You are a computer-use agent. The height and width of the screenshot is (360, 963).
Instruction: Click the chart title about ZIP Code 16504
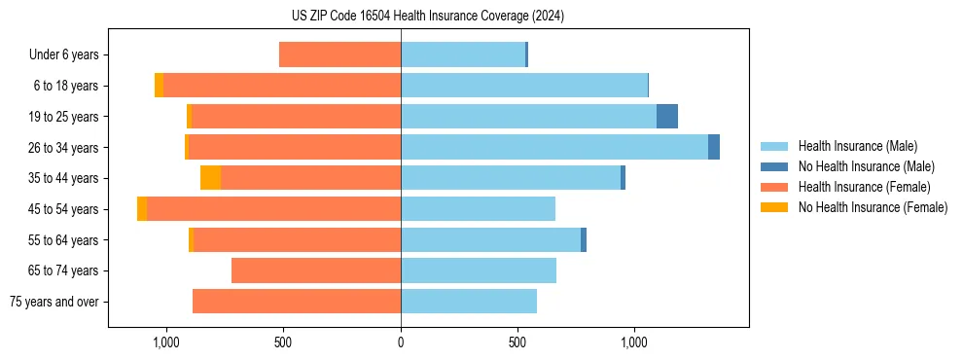pos(429,16)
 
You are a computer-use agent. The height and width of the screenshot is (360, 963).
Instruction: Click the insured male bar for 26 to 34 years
pos(554,147)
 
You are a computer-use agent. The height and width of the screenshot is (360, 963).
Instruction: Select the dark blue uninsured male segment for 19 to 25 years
pos(666,117)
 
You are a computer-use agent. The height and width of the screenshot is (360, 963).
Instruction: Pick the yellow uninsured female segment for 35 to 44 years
pos(210,178)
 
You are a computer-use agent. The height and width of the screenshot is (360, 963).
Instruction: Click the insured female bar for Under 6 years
pos(339,54)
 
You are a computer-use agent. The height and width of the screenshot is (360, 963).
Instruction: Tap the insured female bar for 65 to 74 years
pos(316,270)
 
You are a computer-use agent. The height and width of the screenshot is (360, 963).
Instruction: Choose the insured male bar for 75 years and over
pos(469,302)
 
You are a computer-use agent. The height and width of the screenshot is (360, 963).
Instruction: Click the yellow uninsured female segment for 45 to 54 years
pos(142,209)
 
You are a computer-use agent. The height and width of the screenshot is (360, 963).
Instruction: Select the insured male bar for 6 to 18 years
pos(524,86)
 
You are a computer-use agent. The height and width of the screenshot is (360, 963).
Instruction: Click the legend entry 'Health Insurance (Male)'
pos(857,146)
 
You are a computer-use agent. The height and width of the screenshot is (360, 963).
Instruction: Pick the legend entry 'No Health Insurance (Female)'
pos(873,207)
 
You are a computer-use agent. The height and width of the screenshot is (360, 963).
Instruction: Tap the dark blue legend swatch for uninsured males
pos(774,166)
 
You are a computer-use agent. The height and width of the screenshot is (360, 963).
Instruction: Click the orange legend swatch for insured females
pos(774,187)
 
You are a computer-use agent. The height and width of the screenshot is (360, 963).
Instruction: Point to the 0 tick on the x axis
pos(401,342)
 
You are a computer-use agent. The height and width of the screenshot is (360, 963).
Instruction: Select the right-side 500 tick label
pos(517,342)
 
